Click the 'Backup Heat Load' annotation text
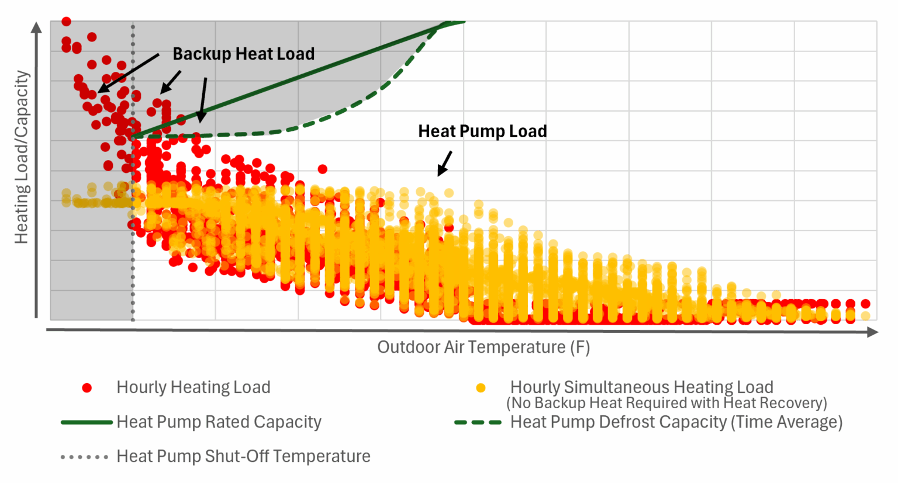243,54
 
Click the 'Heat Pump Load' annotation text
482,131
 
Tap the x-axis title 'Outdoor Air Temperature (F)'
483,348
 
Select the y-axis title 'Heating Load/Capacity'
22,157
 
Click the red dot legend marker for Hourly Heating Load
87,388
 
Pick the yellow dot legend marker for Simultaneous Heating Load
481,388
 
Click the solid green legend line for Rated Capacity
87,422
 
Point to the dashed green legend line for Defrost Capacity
478,422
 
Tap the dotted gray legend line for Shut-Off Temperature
85,457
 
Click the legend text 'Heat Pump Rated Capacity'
219,422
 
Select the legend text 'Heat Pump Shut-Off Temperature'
243,457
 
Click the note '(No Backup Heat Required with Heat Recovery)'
666,403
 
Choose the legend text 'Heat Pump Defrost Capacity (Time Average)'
676,422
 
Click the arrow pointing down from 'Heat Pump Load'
445,163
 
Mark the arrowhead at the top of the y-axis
36,27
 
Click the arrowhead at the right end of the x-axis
872,332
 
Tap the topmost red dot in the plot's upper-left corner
66,22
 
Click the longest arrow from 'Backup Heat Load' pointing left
129,73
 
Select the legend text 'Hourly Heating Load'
193,388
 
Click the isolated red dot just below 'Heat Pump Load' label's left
322,169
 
